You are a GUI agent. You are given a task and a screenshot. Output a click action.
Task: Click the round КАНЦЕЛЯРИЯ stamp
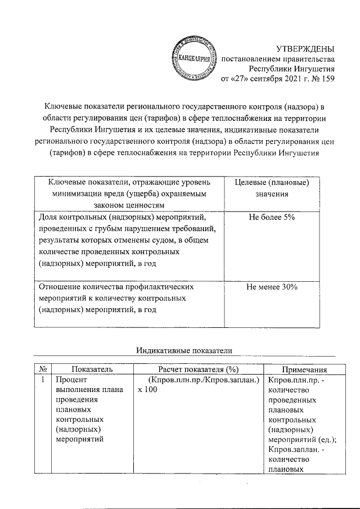pyautogui.click(x=191, y=58)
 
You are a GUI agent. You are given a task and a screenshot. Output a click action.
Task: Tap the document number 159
pyautogui.click(x=327, y=79)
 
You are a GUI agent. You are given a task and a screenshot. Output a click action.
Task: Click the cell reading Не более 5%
pyautogui.click(x=272, y=217)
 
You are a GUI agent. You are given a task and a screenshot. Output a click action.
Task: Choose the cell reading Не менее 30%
pyautogui.click(x=272, y=287)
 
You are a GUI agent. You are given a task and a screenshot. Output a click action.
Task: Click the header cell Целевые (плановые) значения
pyautogui.click(x=272, y=188)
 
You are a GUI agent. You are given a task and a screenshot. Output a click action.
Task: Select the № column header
pyautogui.click(x=43, y=370)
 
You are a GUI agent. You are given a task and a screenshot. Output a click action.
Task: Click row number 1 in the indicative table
pyautogui.click(x=43, y=381)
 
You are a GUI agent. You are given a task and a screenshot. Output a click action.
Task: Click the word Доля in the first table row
pyautogui.click(x=48, y=217)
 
